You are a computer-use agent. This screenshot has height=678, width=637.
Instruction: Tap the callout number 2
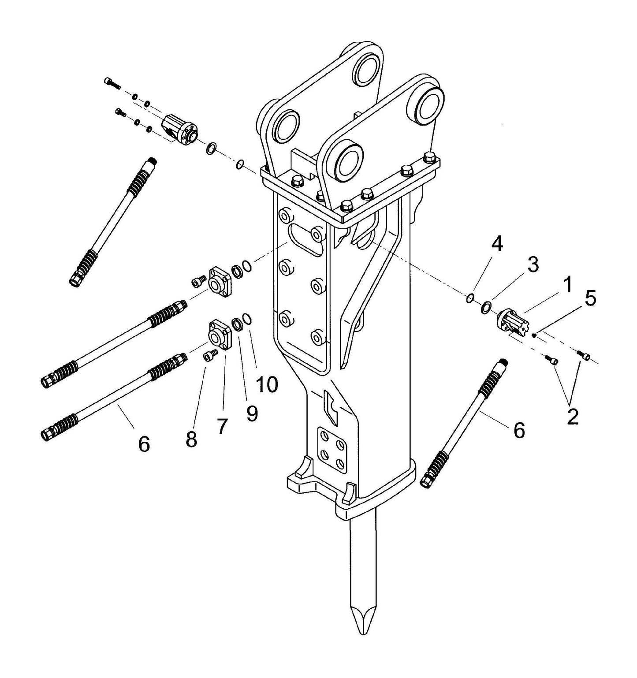coord(572,417)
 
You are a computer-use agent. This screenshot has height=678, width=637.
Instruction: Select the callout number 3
coord(533,264)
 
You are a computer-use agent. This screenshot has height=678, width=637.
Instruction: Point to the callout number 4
coord(497,244)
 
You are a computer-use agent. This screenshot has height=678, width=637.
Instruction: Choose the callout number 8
coord(191,439)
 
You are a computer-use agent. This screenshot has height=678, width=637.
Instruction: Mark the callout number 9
coord(252,413)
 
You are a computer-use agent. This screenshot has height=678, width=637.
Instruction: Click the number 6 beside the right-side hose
coord(519,429)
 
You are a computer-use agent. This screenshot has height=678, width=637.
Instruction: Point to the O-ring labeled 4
coord(470,298)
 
